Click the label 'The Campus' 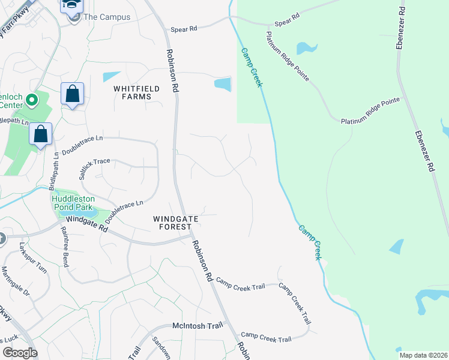pyautogui.click(x=106, y=17)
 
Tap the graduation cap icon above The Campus pyautogui.click(x=71, y=5)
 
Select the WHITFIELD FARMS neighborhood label pyautogui.click(x=137, y=92)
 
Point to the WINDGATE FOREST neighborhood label pyautogui.click(x=175, y=223)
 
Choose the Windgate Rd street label pyautogui.click(x=87, y=224)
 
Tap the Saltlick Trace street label pyautogui.click(x=95, y=169)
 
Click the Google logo pyautogui.click(x=20, y=353)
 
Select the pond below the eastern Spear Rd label pyautogui.click(x=306, y=47)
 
